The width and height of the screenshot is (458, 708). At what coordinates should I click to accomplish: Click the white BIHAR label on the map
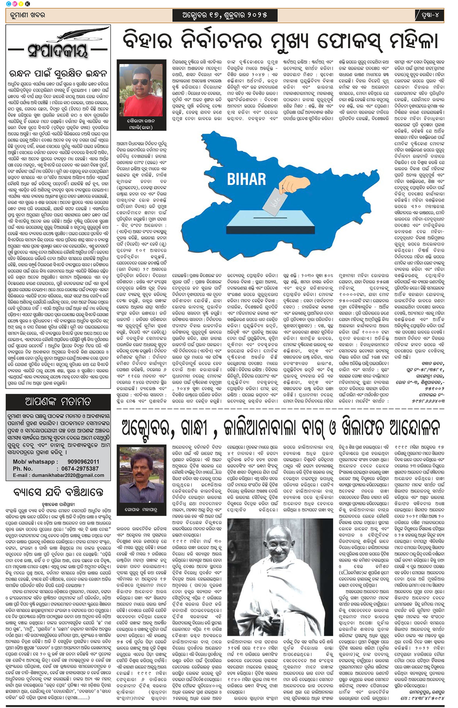click(246, 179)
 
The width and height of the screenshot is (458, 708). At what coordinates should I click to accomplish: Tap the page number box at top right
click(429, 15)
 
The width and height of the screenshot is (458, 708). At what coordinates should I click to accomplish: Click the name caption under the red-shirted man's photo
click(141, 124)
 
